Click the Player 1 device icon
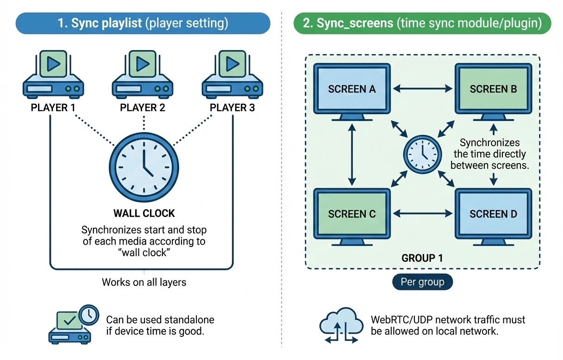coord(53,76)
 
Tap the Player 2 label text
coord(143,108)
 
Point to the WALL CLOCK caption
coord(144,214)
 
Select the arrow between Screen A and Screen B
coord(422,88)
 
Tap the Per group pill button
coord(422,282)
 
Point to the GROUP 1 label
coord(422,258)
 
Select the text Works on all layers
coord(144,282)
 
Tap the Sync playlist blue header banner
coord(143,24)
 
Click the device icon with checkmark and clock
coord(72,324)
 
